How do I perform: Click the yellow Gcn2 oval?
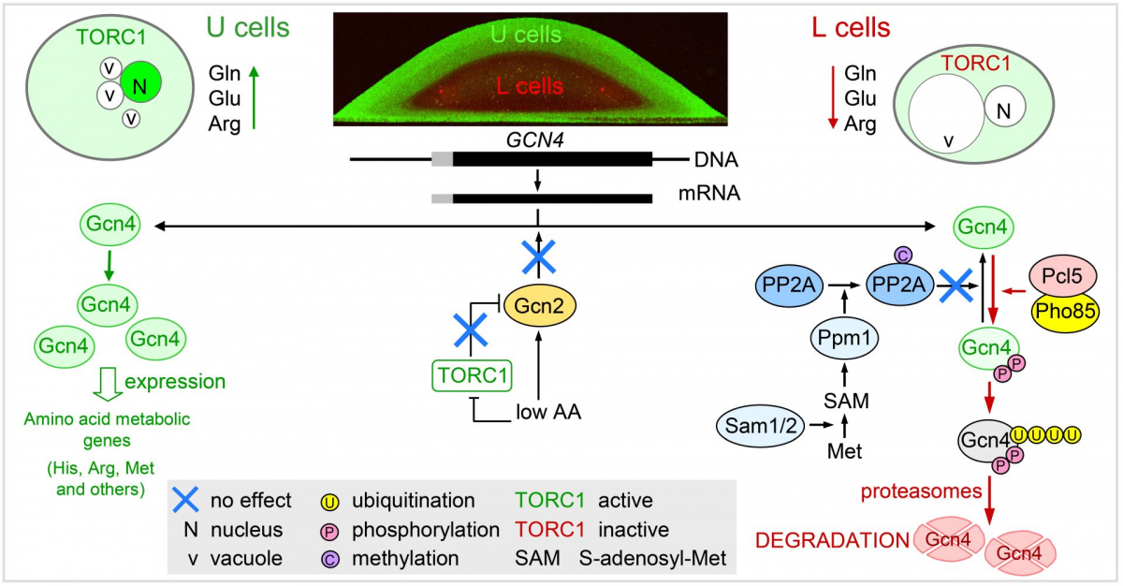(537, 304)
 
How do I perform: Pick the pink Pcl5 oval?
(1063, 276)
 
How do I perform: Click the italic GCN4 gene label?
(532, 140)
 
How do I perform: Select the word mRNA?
(710, 198)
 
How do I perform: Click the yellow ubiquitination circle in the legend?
(329, 501)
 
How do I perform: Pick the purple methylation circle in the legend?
(329, 559)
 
